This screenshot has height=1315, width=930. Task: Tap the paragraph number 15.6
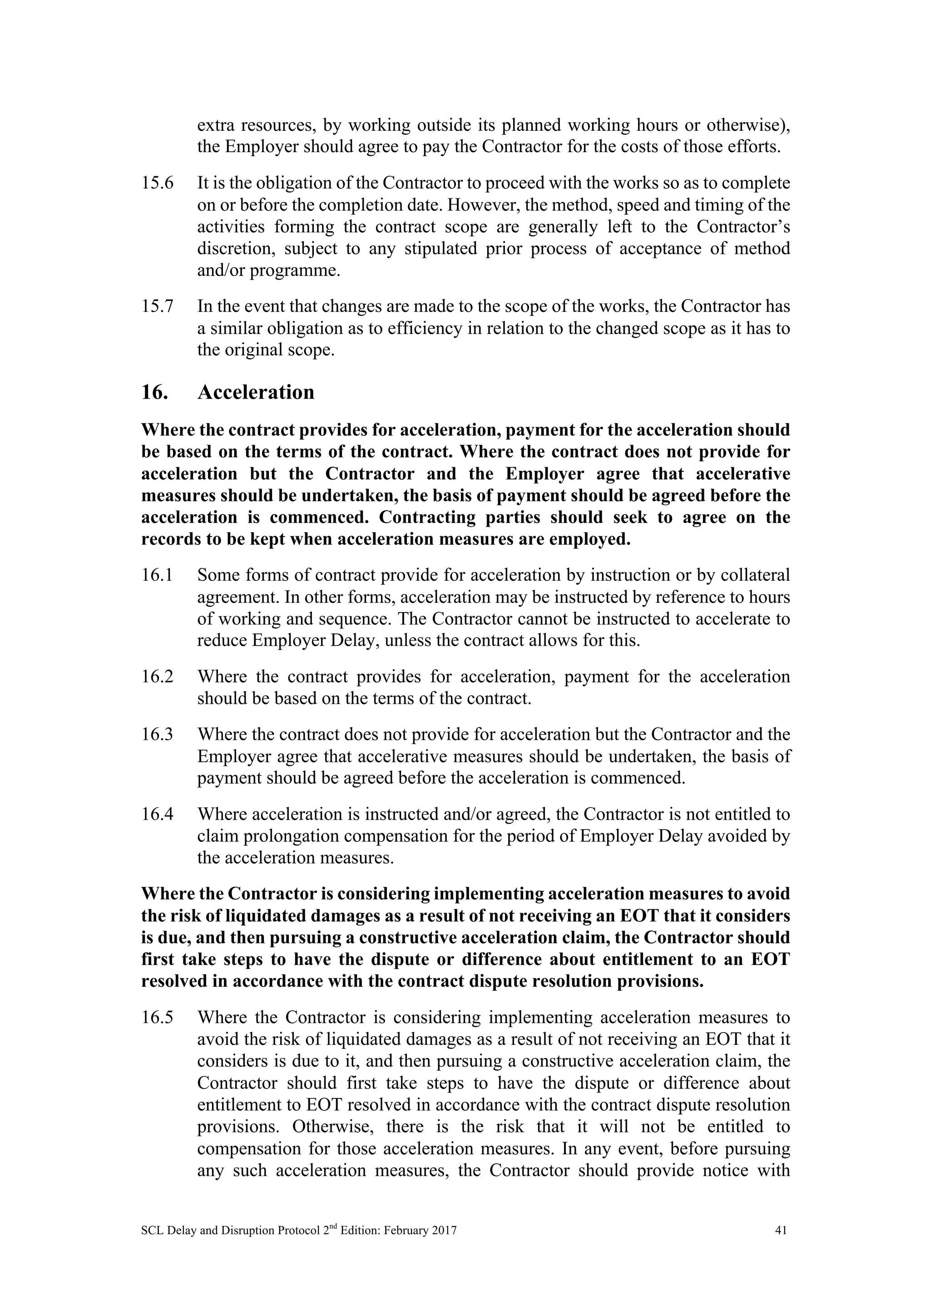tap(157, 183)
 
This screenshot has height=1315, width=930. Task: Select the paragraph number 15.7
tap(157, 307)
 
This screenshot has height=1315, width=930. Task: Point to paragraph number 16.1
tap(157, 575)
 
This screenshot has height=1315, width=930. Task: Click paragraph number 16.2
tap(157, 677)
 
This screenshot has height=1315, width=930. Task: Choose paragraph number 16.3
tap(157, 734)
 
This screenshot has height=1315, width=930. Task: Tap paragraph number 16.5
tap(157, 1017)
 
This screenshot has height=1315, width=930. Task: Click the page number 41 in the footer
tap(780, 1230)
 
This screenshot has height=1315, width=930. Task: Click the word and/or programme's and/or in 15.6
tap(220, 270)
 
